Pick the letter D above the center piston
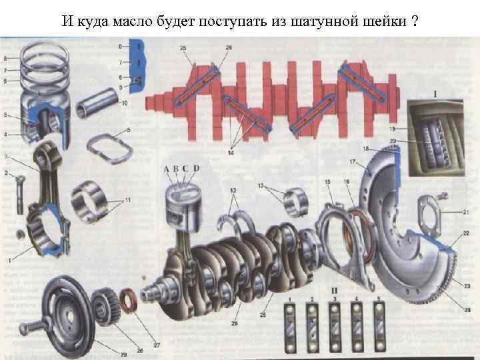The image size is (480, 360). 196,169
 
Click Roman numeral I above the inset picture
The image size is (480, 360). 435,95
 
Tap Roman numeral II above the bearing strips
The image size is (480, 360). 333,291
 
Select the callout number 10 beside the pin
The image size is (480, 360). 124,103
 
